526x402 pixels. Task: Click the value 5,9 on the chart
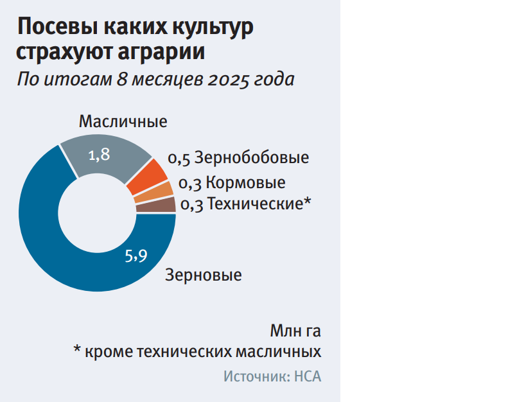click(x=136, y=256)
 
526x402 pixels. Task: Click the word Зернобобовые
click(x=252, y=157)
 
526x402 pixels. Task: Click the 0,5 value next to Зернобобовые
click(x=179, y=158)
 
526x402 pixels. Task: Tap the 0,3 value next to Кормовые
click(x=189, y=183)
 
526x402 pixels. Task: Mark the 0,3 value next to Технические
click(x=191, y=205)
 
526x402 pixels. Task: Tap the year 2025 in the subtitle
click(x=224, y=79)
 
